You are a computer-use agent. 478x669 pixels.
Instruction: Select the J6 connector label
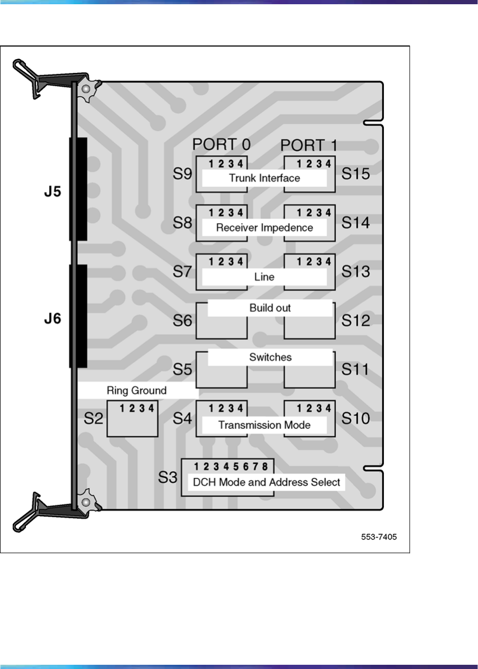click(x=52, y=320)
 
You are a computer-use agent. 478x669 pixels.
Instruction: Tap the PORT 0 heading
click(x=221, y=144)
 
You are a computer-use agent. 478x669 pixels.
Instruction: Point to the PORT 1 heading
click(x=309, y=145)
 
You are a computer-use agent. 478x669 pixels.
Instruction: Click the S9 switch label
click(x=182, y=174)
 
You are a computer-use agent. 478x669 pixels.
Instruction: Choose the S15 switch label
click(x=355, y=174)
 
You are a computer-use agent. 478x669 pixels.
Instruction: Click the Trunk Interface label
click(x=264, y=178)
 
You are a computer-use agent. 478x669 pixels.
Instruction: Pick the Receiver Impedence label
click(x=264, y=228)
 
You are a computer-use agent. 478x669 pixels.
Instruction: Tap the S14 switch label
click(x=355, y=223)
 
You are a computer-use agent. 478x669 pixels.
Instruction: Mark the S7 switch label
click(x=182, y=272)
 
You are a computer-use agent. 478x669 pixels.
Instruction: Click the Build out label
click(x=270, y=308)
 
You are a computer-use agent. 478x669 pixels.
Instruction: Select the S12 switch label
click(x=355, y=320)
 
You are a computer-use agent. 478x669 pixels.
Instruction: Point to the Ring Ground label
click(x=136, y=391)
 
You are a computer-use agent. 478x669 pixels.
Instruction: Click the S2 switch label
click(x=94, y=419)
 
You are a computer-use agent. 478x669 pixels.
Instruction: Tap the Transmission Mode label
click(x=264, y=425)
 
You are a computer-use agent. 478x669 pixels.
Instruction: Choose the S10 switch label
click(x=355, y=419)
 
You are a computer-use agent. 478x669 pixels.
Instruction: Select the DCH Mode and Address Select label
click(x=265, y=482)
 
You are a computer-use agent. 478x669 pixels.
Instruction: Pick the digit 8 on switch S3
click(x=265, y=466)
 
